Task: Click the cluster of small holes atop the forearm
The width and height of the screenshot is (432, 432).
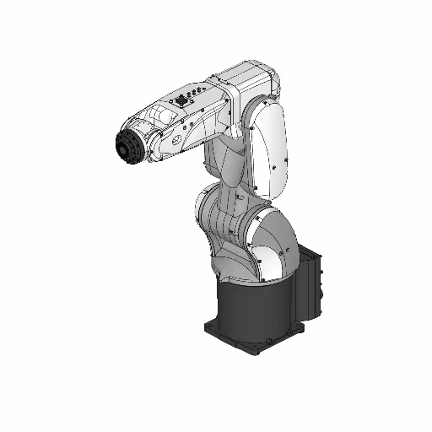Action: pyautogui.click(x=197, y=91)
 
